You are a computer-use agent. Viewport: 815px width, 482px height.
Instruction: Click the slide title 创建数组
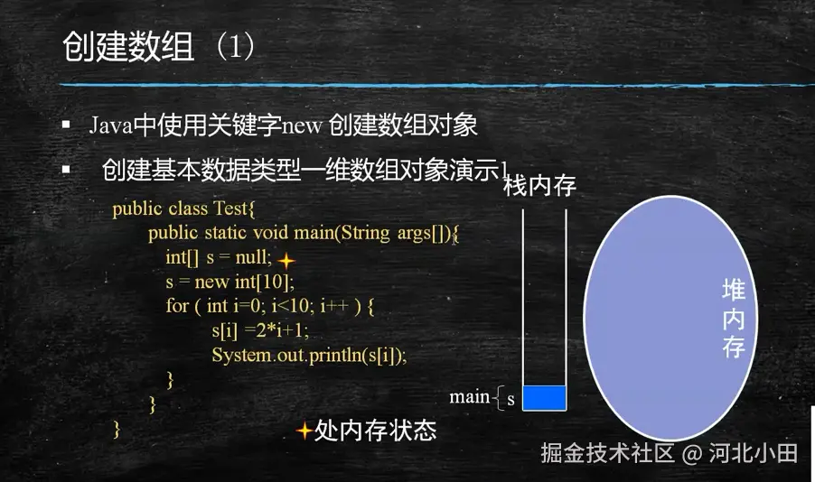128,46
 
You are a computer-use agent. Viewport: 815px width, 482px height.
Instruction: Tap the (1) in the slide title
236,46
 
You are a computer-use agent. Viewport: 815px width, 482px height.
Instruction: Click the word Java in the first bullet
111,125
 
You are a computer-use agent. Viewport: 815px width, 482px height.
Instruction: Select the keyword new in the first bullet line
302,126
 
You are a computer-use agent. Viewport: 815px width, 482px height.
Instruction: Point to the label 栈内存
540,185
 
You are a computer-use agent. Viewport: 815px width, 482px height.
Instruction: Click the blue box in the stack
544,398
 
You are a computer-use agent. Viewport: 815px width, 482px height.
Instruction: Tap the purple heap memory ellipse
670,318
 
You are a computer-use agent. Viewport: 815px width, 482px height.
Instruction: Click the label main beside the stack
469,397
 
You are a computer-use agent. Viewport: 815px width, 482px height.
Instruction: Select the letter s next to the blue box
511,400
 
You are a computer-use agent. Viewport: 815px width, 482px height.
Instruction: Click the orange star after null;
286,260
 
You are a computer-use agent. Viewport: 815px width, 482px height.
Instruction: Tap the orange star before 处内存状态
304,431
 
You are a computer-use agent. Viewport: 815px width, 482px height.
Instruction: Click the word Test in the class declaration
230,209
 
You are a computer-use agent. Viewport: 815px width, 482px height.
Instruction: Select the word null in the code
253,257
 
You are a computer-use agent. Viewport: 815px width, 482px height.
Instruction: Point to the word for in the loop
178,305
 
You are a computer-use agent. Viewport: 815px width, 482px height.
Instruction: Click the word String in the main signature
365,233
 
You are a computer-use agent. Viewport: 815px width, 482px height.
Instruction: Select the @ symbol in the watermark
692,454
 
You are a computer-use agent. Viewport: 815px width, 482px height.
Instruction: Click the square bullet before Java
66,125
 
